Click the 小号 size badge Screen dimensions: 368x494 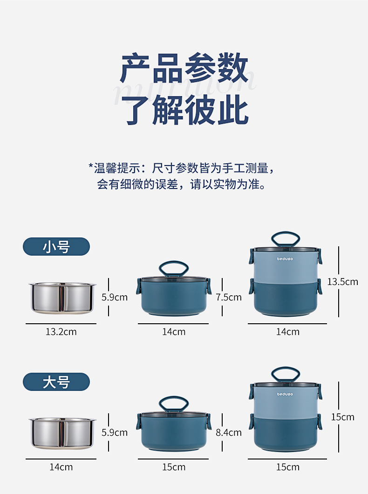pyautogui.click(x=56, y=246)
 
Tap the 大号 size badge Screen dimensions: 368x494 pyautogui.click(x=56, y=382)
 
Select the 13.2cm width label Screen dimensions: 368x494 pyautogui.click(x=61, y=332)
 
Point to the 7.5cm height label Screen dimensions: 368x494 pyautogui.click(x=229, y=297)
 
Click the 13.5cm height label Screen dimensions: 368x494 pyautogui.click(x=342, y=282)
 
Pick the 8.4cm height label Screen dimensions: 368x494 pyautogui.click(x=229, y=432)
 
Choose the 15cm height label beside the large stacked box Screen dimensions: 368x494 pyautogui.click(x=342, y=417)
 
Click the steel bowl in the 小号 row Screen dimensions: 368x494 pyautogui.click(x=62, y=298)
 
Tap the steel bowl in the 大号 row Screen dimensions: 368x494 pyautogui.click(x=62, y=433)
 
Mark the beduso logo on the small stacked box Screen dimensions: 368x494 pyautogui.click(x=285, y=259)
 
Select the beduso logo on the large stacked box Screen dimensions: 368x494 pyautogui.click(x=285, y=394)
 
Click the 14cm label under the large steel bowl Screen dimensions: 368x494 pyautogui.click(x=61, y=467)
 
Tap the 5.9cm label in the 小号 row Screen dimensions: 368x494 pyautogui.click(x=115, y=297)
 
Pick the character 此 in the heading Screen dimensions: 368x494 pyautogui.click(x=233, y=110)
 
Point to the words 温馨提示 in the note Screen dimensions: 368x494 pyautogui.click(x=117, y=168)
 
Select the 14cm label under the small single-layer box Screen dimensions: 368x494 pyautogui.click(x=174, y=332)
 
